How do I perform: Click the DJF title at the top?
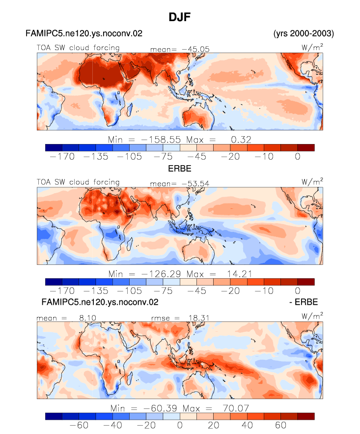point(180,17)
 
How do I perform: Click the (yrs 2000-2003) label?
point(304,33)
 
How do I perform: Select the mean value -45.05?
point(195,49)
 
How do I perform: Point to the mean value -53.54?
point(195,183)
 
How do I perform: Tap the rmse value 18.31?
point(199,318)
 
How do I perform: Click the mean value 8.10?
point(87,318)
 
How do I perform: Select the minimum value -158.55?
point(161,140)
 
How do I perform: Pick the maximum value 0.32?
point(241,140)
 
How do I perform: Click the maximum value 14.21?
point(240,274)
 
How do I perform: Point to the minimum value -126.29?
point(161,274)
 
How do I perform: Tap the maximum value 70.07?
point(236,408)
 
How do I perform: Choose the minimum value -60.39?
point(160,408)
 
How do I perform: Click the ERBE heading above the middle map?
point(180,169)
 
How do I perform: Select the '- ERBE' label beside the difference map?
point(304,302)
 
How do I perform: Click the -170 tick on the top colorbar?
point(62,157)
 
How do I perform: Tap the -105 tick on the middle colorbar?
point(129,291)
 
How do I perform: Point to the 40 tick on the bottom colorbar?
point(247,425)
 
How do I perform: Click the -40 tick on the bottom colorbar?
point(112,425)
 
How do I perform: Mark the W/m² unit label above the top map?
point(312,47)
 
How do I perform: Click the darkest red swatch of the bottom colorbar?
point(306,417)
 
